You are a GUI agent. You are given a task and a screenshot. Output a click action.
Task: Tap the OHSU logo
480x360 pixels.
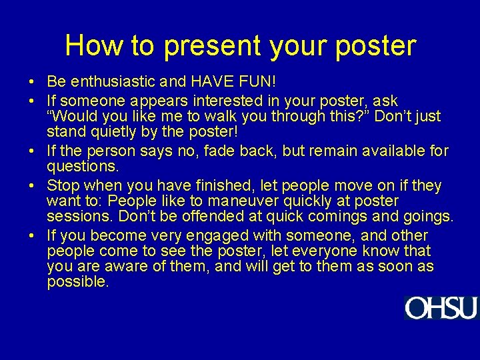tap(441, 308)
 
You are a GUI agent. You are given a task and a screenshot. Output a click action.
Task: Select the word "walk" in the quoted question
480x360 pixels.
tap(217, 117)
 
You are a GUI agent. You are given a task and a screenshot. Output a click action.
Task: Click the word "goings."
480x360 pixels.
tap(425, 217)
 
